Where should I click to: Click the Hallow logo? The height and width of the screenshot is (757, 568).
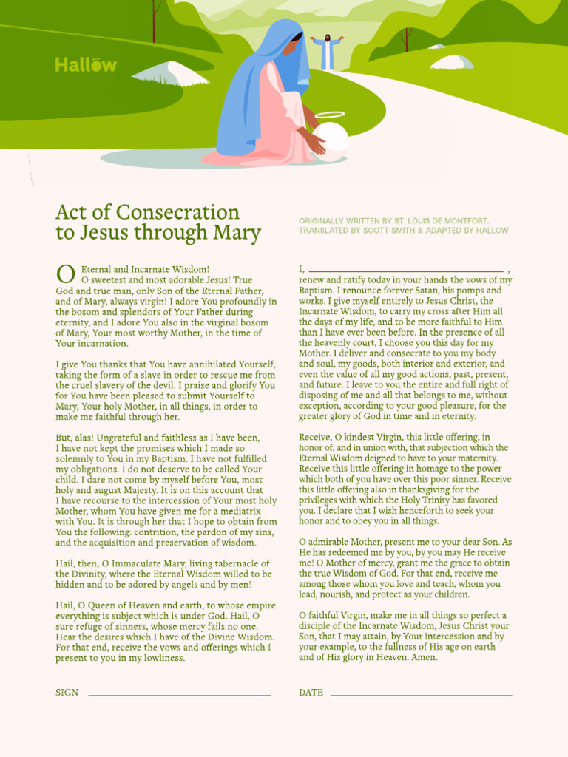coord(86,65)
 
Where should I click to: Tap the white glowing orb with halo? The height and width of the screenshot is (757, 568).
coord(330,140)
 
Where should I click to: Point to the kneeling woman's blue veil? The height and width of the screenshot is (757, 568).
coord(255,89)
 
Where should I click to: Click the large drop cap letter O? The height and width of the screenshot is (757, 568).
coord(65,274)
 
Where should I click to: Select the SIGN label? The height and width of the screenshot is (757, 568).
coord(67,693)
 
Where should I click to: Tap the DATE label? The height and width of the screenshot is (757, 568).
coord(311,693)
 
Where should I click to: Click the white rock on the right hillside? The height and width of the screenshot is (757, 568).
coord(452,61)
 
